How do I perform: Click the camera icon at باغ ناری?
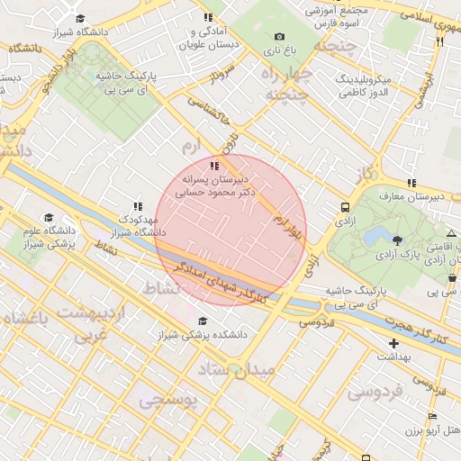point(279,36)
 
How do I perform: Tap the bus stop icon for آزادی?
point(346,206)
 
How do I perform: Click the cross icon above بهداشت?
point(393,343)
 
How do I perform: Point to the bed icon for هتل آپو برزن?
point(432,416)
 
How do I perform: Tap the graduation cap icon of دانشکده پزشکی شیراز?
point(203,321)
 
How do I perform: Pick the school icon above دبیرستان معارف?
point(411,183)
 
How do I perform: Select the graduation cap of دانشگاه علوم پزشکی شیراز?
point(49,217)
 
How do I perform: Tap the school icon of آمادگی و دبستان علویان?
point(208,17)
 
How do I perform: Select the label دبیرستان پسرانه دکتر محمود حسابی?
point(215,185)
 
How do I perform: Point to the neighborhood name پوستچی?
point(167,402)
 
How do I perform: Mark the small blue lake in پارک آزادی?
point(373,236)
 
